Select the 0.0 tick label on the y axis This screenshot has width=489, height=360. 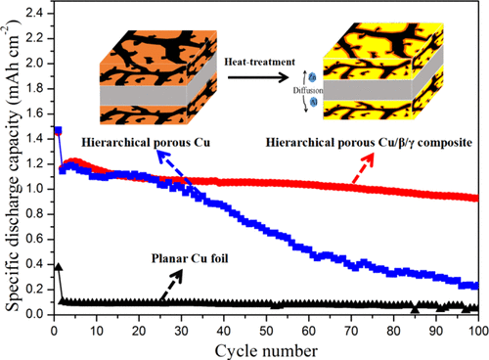click(37, 314)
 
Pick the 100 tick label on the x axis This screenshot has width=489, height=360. click(477, 330)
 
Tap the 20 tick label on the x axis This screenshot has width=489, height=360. click(139, 330)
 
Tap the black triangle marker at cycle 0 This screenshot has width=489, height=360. click(55, 265)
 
